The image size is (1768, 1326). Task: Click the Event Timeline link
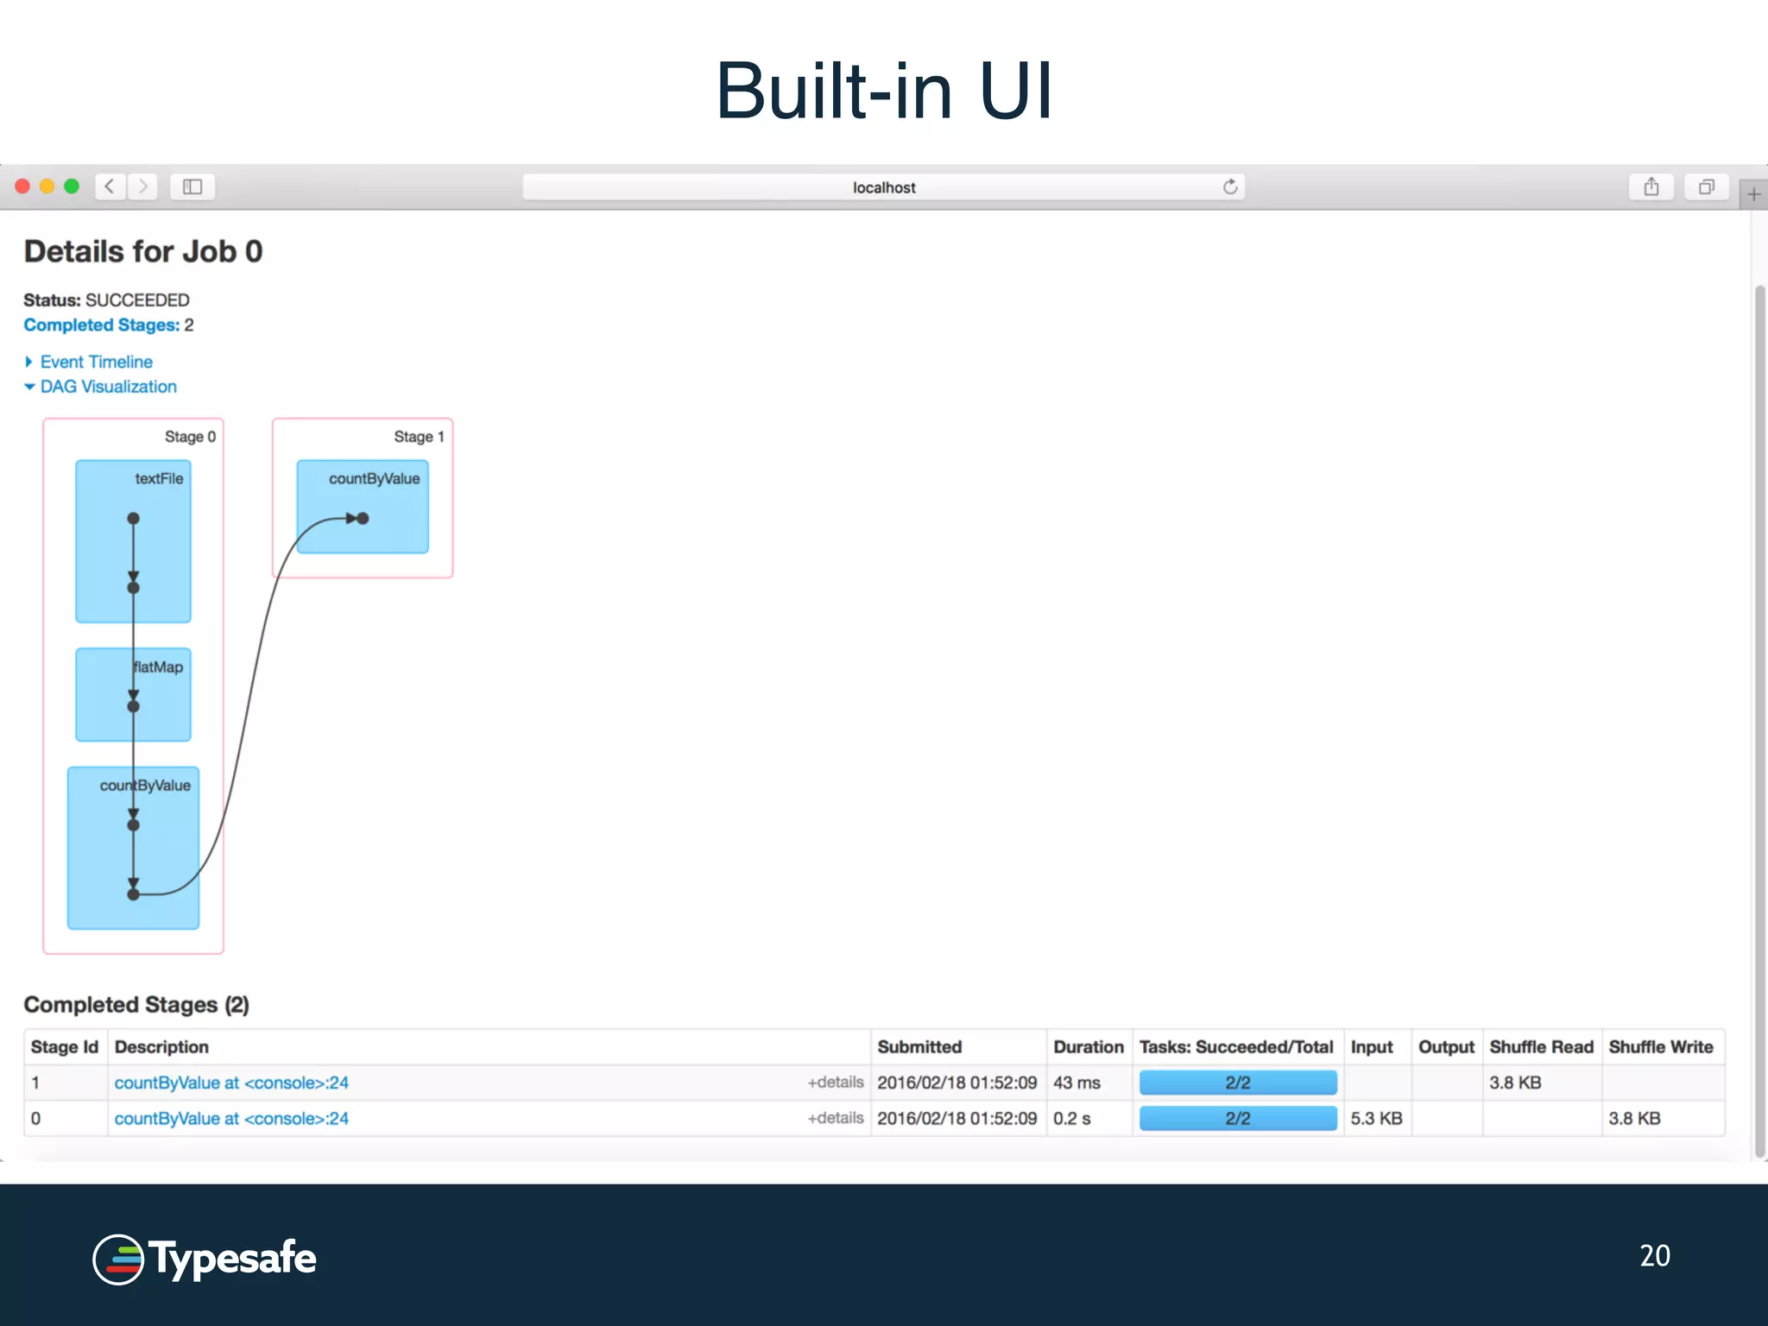96,362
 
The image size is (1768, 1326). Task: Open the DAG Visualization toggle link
108,387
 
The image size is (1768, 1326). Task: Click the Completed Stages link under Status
102,325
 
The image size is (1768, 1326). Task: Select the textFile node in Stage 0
133,541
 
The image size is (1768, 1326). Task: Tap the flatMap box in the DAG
133,694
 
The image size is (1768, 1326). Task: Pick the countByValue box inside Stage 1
363,506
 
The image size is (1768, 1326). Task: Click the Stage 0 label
190,437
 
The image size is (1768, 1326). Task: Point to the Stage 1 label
419,437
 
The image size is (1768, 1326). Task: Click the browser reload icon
1230,187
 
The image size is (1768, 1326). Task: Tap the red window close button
23,186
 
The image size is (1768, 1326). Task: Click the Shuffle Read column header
1541,1047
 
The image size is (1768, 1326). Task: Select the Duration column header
1088,1047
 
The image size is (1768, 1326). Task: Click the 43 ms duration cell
1077,1083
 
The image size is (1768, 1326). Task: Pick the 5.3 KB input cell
1376,1119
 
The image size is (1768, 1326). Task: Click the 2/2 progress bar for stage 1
1238,1083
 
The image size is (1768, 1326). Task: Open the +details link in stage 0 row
835,1118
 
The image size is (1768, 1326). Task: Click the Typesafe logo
205,1259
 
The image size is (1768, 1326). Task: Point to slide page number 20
1654,1256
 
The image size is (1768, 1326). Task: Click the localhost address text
884,187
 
